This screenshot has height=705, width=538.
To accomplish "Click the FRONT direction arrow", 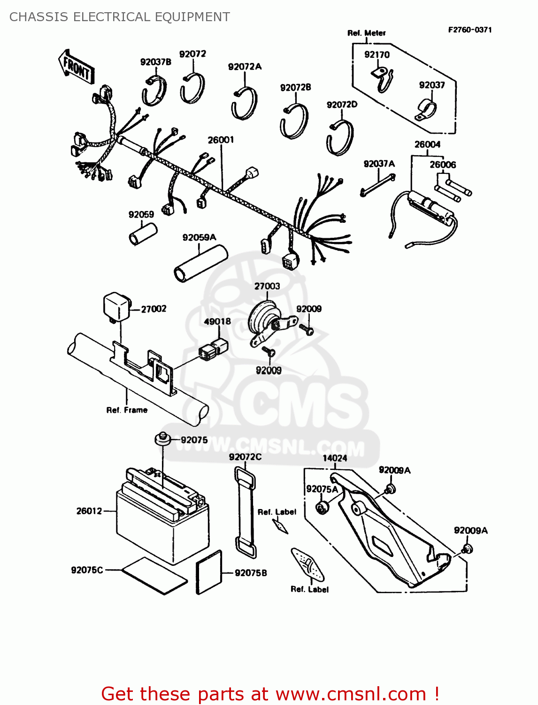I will pyautogui.click(x=77, y=67).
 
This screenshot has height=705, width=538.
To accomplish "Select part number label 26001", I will pyautogui.click(x=221, y=140).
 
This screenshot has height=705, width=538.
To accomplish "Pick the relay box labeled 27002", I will pyautogui.click(x=115, y=307).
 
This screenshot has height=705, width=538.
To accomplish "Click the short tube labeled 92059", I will pyautogui.click(x=143, y=234).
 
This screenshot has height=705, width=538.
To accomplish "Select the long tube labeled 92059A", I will pyautogui.click(x=200, y=265).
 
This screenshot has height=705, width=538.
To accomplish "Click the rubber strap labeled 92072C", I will pyautogui.click(x=246, y=512).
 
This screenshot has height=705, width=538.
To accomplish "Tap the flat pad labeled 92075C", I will pyautogui.click(x=154, y=576).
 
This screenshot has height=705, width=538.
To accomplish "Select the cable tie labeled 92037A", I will pyautogui.click(x=377, y=185).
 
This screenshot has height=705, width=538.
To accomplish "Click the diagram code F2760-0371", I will pyautogui.click(x=470, y=30).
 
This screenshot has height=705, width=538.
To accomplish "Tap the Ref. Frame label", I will pyautogui.click(x=127, y=410).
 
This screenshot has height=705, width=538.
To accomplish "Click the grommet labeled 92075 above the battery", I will pyautogui.click(x=162, y=439).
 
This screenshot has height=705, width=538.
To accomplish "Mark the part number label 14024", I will pyautogui.click(x=335, y=458).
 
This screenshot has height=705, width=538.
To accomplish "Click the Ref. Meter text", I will pyautogui.click(x=366, y=33).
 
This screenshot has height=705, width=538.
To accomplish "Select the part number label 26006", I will pyautogui.click(x=443, y=165).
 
